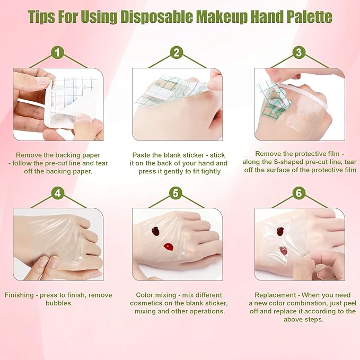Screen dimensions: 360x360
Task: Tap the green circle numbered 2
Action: point(177,53)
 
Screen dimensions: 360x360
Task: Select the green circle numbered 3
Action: point(299,53)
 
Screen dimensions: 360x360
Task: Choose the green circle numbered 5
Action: point(177,194)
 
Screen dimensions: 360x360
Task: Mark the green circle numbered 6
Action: point(299,194)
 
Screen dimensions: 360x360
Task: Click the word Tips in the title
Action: point(43,16)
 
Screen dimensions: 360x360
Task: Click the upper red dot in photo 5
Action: point(156,231)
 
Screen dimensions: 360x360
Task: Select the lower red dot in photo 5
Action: point(169,247)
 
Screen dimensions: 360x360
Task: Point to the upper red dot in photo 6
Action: point(280,231)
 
